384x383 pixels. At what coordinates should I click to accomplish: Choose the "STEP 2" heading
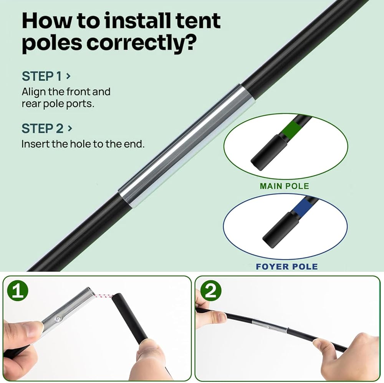(x=42, y=129)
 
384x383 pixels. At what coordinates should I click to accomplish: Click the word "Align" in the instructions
(x=33, y=92)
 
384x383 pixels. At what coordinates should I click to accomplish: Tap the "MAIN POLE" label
(x=284, y=186)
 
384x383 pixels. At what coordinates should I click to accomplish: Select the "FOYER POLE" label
(x=287, y=266)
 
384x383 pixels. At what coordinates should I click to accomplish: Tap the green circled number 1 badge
(x=18, y=291)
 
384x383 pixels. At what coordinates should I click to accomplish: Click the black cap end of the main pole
(x=269, y=152)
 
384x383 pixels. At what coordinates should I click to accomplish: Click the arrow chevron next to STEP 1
(x=68, y=76)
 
